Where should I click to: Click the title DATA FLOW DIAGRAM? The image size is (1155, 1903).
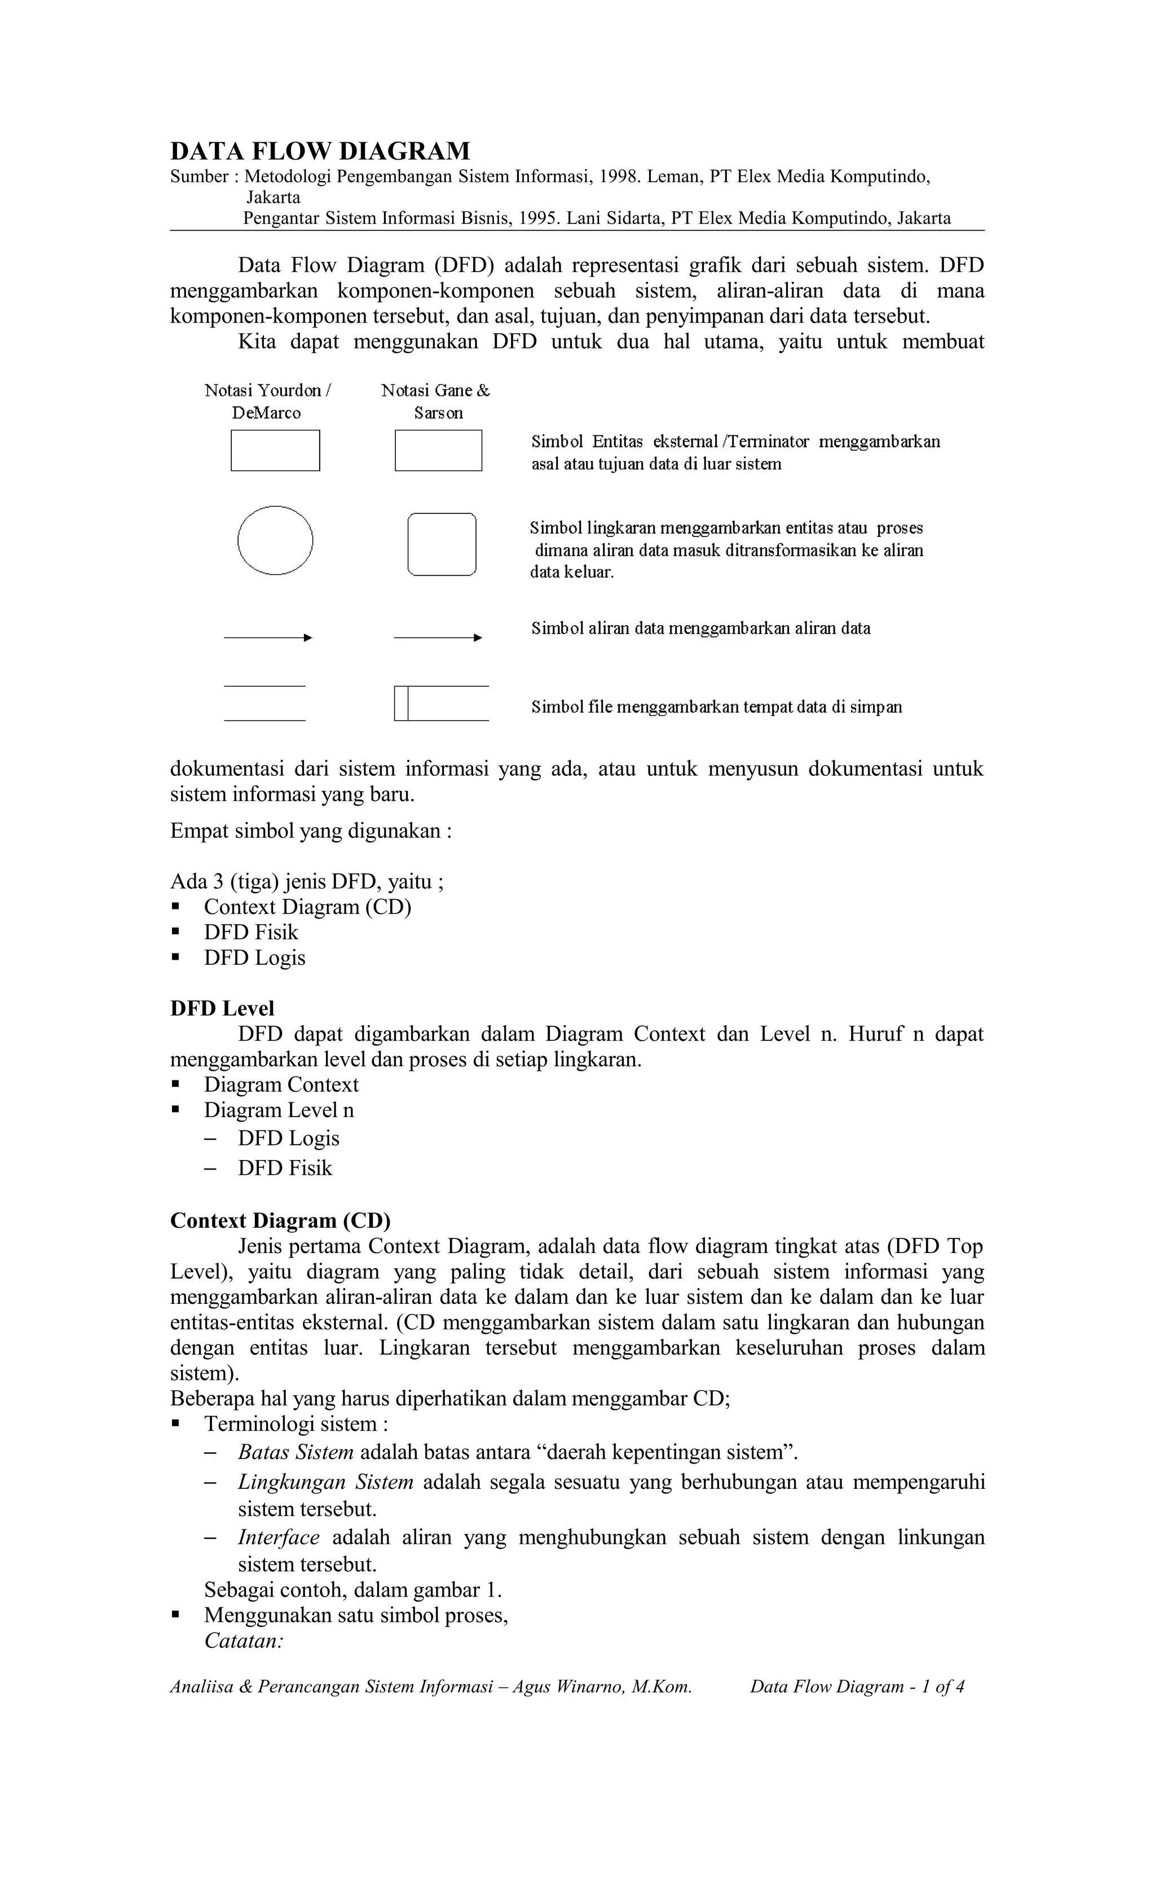click(x=320, y=151)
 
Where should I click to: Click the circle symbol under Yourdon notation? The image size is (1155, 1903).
click(x=275, y=540)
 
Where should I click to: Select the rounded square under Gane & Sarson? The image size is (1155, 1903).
click(x=441, y=544)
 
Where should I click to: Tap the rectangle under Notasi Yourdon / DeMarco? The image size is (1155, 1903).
click(x=275, y=450)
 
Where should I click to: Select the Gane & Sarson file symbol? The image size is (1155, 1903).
click(x=441, y=703)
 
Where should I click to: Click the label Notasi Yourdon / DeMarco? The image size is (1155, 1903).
click(x=267, y=401)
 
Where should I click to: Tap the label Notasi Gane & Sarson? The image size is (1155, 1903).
click(x=436, y=401)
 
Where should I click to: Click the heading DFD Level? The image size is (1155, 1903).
click(x=222, y=1008)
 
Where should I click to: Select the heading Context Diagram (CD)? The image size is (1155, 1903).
click(x=280, y=1220)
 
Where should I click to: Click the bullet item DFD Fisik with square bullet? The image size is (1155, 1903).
click(x=250, y=932)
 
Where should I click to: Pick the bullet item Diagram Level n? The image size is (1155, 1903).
click(x=279, y=1110)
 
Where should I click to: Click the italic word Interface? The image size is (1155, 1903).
click(x=279, y=1537)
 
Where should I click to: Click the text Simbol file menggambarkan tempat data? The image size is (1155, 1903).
click(x=716, y=707)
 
